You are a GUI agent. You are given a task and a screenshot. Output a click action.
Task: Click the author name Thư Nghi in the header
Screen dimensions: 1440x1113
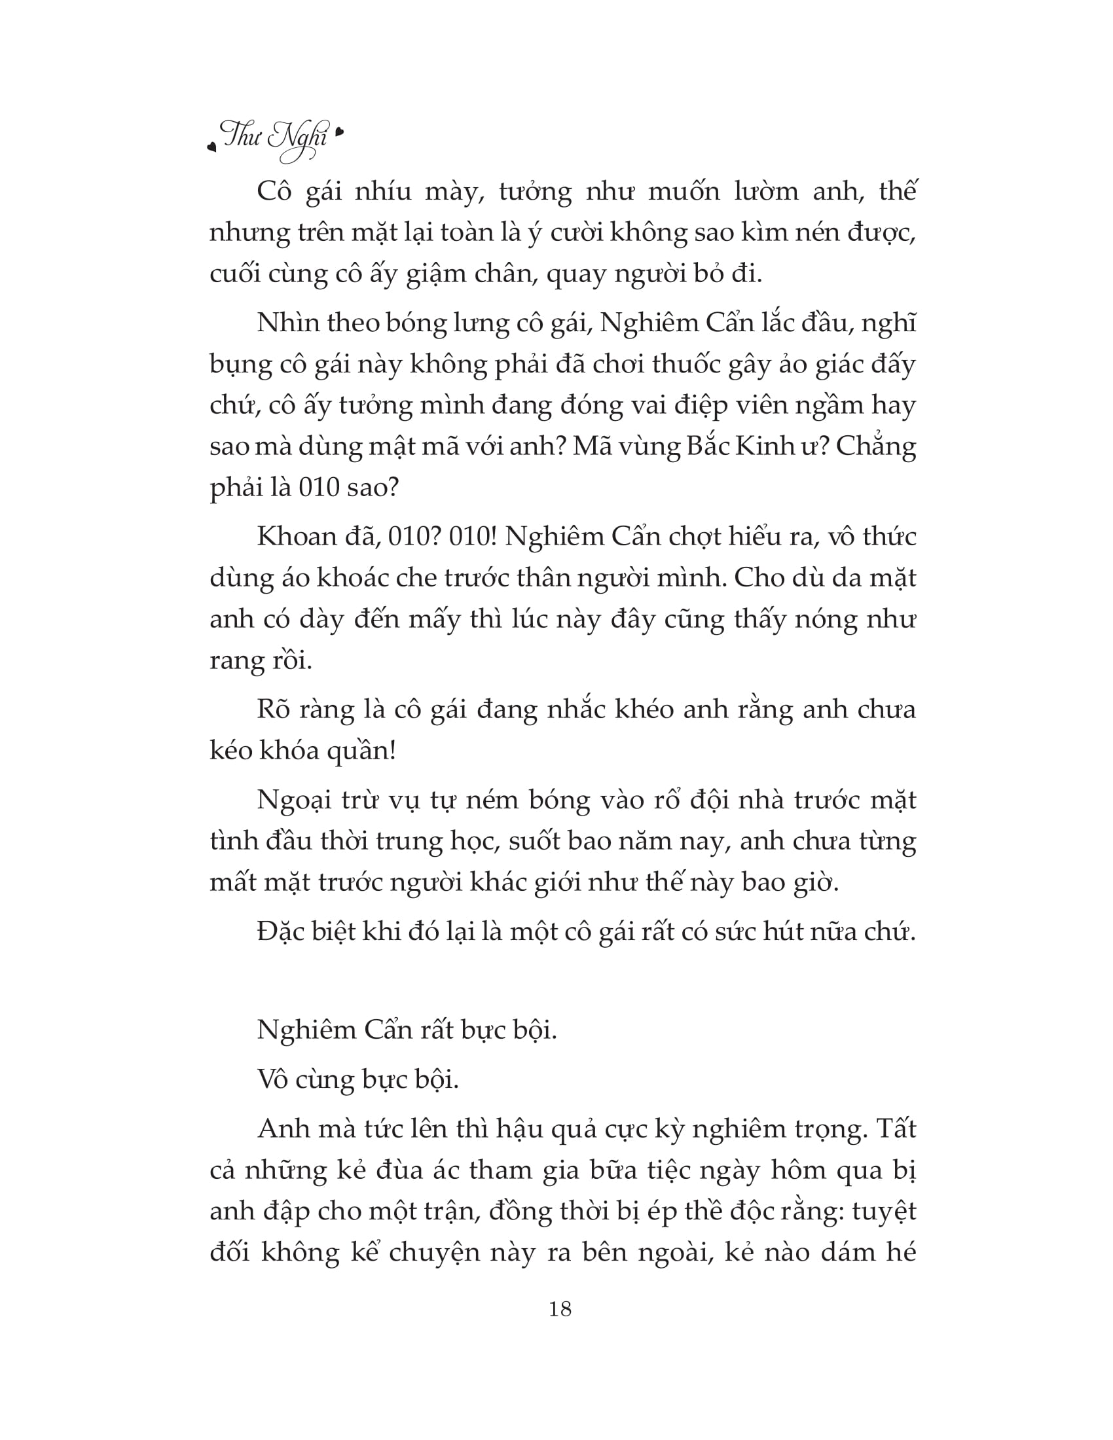tap(276, 137)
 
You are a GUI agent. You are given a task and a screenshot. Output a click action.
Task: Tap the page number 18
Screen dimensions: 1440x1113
tap(560, 1323)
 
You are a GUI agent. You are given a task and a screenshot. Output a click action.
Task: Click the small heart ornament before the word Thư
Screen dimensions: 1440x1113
tap(211, 147)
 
